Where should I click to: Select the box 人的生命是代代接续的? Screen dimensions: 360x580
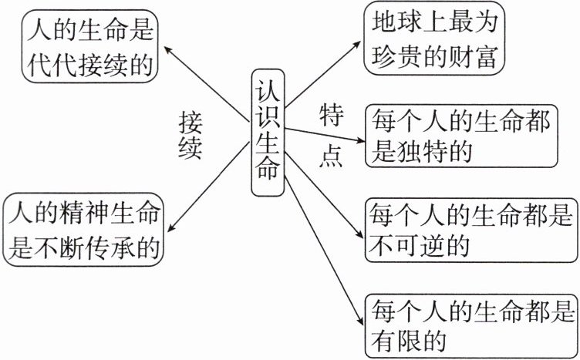pyautogui.click(x=91, y=45)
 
